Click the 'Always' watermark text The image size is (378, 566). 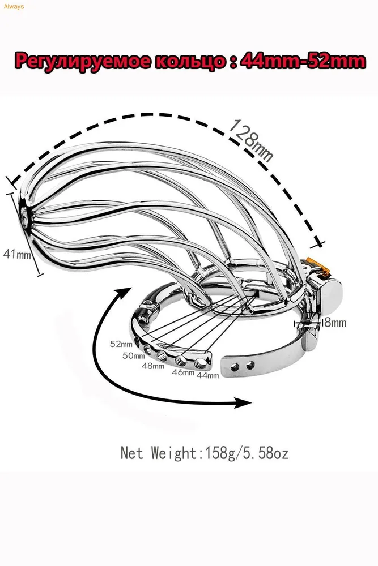[x=14, y=6]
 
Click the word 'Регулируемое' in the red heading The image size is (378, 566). [x=81, y=61]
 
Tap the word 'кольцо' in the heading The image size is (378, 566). [x=188, y=61]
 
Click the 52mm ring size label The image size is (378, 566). [x=121, y=344]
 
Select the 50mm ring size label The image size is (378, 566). [x=133, y=355]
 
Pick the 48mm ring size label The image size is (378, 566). [x=153, y=366]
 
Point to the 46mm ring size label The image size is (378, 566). [x=183, y=372]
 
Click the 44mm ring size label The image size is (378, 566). [x=208, y=375]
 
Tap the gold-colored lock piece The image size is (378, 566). [x=318, y=266]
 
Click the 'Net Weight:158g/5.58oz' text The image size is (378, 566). [x=205, y=453]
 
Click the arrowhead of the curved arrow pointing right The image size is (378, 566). [x=241, y=402]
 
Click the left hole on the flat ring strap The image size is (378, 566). [x=236, y=367]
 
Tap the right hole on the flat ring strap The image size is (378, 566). [x=250, y=366]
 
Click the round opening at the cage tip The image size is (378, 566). [x=24, y=218]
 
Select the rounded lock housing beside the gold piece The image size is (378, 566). [x=330, y=293]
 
